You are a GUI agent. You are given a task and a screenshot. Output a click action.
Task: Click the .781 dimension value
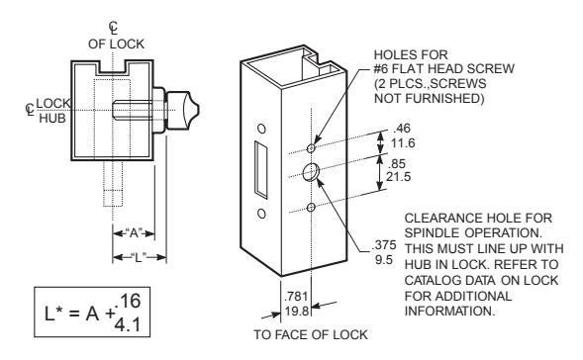tap(296, 297)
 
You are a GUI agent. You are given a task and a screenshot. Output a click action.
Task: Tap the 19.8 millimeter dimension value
tap(297, 311)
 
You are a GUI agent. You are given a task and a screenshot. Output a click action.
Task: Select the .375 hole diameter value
tap(384, 245)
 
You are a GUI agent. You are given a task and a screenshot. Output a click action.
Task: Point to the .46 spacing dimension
tap(402, 129)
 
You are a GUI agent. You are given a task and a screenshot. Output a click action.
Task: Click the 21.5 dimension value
tap(398, 176)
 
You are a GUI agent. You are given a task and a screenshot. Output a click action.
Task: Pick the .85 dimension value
tap(396, 163)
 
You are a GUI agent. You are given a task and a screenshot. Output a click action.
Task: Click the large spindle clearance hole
tap(311, 172)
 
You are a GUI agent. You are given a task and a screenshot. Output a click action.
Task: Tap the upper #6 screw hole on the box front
tap(311, 148)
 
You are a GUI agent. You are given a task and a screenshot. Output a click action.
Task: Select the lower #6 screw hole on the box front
tap(311, 207)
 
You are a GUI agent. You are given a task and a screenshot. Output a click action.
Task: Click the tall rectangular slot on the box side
tap(260, 169)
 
